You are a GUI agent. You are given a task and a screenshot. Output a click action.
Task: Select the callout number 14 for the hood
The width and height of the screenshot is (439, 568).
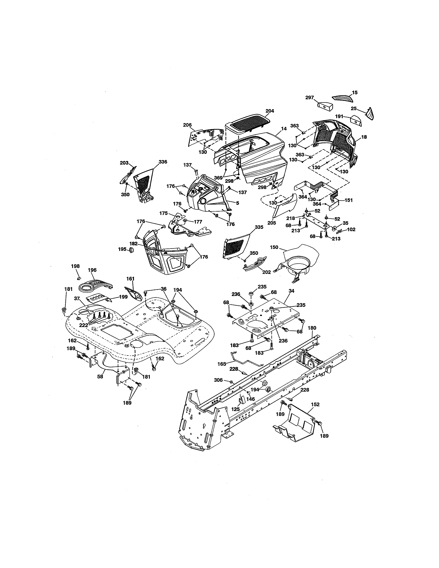[284, 128]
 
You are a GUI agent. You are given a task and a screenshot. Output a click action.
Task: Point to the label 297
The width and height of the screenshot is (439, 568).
[310, 98]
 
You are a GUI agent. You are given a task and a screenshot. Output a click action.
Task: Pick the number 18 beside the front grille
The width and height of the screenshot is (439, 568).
[364, 137]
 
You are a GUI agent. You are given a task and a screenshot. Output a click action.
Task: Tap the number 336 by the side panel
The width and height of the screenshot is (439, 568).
[163, 162]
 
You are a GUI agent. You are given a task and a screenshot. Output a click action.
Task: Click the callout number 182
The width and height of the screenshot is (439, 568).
[133, 244]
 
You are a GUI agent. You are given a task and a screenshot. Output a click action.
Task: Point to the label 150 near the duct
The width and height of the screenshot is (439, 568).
[274, 247]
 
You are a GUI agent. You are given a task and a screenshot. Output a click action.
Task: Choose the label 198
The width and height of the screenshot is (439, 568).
[75, 266]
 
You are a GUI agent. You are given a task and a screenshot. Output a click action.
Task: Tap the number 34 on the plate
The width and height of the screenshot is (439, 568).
[291, 291]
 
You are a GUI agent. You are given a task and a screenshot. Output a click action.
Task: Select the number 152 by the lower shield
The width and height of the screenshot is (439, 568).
[315, 404]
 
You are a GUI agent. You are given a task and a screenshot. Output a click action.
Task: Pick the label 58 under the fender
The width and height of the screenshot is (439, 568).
[100, 376]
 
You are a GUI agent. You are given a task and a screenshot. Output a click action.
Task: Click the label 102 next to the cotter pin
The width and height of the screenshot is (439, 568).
[351, 230]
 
